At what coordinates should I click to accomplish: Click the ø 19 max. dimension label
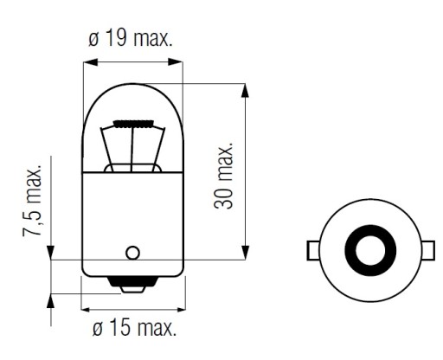pos(130,38)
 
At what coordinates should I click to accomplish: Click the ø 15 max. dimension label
pos(134,327)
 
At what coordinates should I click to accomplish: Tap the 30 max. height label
pos(223,175)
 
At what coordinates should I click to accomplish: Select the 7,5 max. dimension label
pos(32,201)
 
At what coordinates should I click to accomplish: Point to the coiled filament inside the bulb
pos(133,125)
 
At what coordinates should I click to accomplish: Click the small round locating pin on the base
pos(132,253)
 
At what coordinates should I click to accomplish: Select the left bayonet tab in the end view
pos(313,250)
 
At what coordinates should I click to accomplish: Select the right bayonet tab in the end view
pos(428,250)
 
